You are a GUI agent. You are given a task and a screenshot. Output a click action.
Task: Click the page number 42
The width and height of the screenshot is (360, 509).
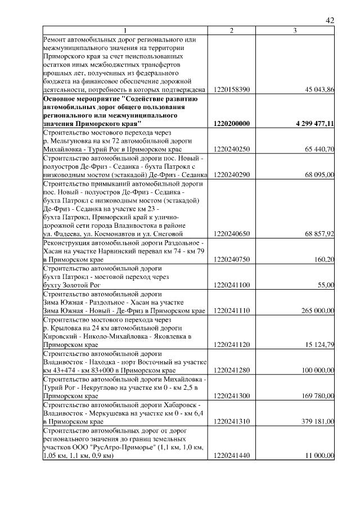coord(330,21)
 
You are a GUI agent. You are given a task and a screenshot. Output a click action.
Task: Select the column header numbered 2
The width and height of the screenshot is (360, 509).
coord(232,30)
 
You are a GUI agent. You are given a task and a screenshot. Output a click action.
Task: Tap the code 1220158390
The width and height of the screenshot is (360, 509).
coord(232,89)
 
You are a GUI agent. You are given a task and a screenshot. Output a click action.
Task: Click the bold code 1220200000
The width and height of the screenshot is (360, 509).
coord(232,123)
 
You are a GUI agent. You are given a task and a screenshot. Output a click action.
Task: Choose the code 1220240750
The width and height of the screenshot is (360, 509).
coord(232,259)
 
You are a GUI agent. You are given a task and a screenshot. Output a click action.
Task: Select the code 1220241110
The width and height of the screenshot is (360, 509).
coord(232,310)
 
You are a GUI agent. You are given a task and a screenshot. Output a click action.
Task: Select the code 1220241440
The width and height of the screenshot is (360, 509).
coord(232,456)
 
